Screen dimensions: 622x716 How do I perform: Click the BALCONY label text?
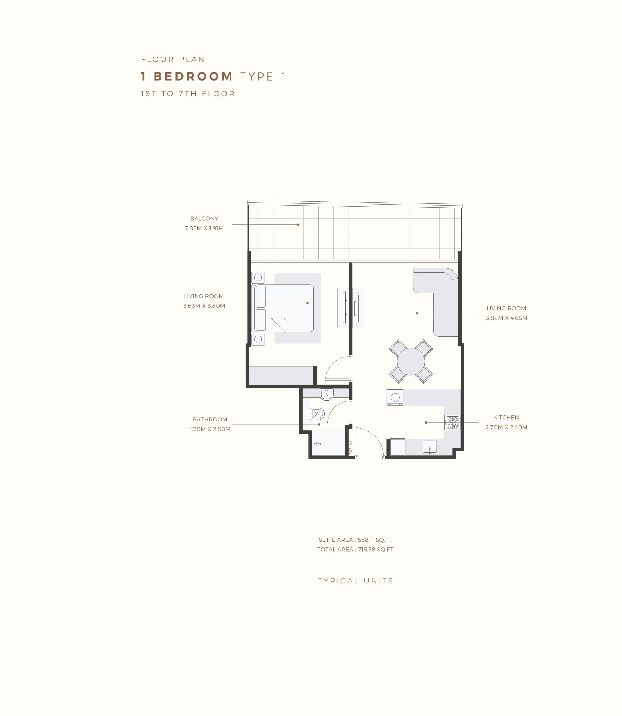click(x=204, y=219)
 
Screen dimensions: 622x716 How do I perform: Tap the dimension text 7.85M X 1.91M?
click(x=204, y=228)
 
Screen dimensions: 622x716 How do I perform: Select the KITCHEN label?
click(x=506, y=418)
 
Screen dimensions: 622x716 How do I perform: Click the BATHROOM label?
click(x=210, y=419)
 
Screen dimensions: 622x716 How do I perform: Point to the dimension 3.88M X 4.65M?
click(x=506, y=318)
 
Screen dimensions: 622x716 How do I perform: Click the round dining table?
click(x=411, y=362)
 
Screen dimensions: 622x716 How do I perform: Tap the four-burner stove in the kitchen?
click(x=452, y=423)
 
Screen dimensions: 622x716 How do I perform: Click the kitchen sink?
click(x=430, y=447)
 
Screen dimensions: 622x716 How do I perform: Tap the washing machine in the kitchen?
click(x=395, y=398)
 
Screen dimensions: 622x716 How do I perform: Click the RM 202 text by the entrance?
click(x=351, y=448)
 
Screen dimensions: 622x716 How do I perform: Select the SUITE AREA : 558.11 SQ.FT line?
click(x=355, y=540)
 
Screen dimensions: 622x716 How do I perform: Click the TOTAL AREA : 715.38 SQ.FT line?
click(x=355, y=550)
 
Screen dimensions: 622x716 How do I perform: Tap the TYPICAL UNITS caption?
click(x=356, y=581)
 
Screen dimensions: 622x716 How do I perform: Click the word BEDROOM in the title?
click(x=193, y=76)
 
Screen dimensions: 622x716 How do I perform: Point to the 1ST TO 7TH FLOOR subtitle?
click(x=188, y=94)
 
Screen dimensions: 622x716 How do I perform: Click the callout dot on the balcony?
click(x=298, y=225)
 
